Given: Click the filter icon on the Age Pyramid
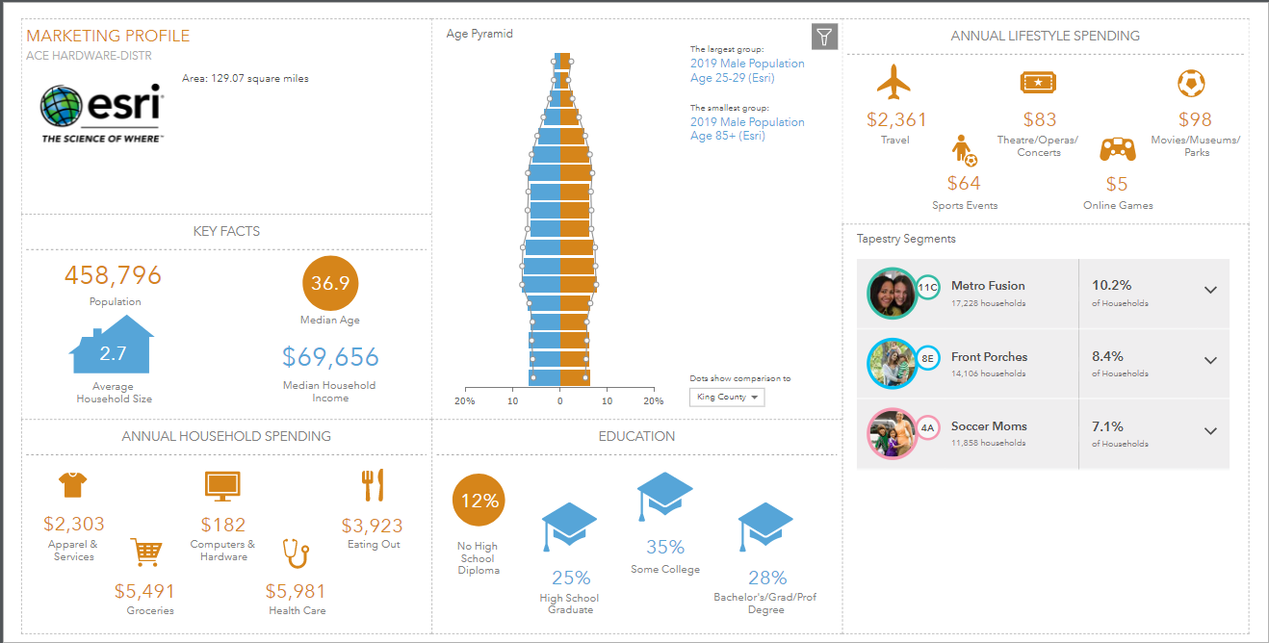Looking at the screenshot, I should pos(824,37).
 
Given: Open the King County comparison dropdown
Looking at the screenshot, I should pos(727,397).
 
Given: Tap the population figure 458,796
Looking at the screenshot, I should pos(113,276).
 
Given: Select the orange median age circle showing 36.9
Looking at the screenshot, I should pos(330,283).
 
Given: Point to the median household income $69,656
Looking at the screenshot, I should pos(330,358).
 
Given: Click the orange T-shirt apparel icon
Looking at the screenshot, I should pos(73,485).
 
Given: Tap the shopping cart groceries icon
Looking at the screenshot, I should pos(146,553).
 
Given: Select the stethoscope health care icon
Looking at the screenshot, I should pos(295,553).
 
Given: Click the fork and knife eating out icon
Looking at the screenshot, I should pos(372,485).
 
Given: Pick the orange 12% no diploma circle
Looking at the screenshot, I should pos(479,501).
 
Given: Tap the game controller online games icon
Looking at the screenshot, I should pos(1117,149).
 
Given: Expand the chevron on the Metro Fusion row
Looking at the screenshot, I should pos(1210,290).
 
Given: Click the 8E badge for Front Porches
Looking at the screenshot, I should pos(927,357).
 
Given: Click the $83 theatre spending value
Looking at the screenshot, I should pos(1039,119).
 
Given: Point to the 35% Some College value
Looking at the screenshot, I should pos(665,547).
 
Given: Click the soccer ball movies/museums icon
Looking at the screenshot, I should pos(1191,84).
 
